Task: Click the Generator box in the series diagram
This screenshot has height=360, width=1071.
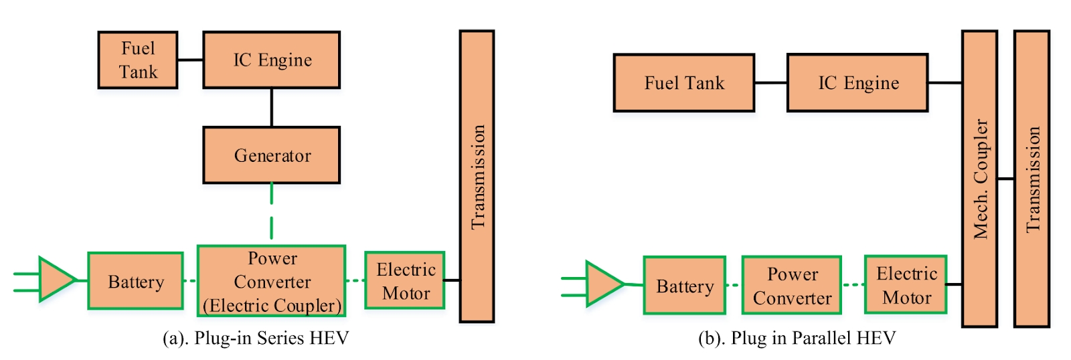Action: pos(272,155)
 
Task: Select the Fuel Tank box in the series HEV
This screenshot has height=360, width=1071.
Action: pos(138,60)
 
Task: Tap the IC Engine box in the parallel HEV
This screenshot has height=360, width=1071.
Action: pos(857,83)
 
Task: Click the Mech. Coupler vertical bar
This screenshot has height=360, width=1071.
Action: pos(979,179)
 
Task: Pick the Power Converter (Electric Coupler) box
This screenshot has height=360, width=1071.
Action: pos(272,281)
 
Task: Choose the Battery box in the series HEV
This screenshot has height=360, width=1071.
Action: pos(135,281)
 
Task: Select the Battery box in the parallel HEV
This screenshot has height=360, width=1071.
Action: pos(684,286)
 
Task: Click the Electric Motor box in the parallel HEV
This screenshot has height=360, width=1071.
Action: pos(906,284)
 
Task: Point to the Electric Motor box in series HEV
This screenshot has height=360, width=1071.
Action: pos(405,280)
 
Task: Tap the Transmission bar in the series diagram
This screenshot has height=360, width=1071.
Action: pos(477,177)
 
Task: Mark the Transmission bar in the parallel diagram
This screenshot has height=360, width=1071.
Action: pos(1032,179)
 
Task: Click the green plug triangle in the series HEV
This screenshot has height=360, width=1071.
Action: pos(55,279)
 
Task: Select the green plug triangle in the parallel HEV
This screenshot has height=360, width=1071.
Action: pos(602,284)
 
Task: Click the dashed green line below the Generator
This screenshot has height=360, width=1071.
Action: pos(272,211)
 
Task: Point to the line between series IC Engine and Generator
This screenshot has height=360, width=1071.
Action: pos(272,107)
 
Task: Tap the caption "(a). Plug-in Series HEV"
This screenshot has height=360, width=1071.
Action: pos(256,338)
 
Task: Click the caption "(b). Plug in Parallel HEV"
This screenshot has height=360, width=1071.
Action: pos(797,338)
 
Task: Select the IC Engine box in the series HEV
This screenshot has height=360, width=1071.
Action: pos(272,60)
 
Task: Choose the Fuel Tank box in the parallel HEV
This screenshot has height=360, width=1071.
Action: pos(684,83)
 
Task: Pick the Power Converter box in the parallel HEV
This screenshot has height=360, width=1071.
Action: pos(792,286)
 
